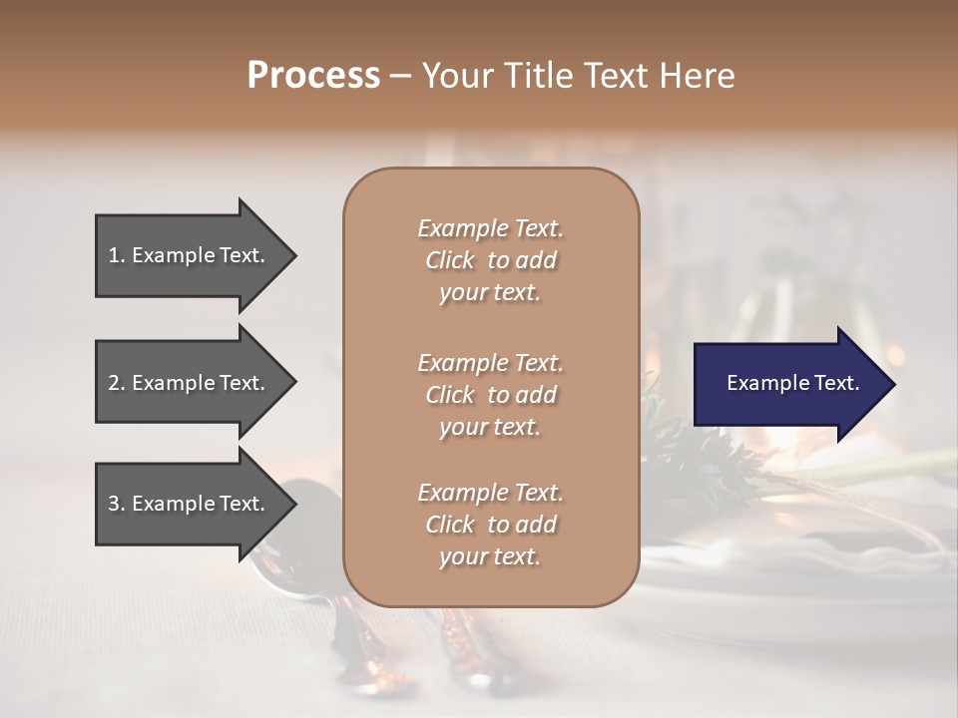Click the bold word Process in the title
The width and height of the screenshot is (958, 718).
point(313,76)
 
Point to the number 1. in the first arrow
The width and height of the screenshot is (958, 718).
point(117,255)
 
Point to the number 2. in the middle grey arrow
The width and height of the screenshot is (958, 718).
point(117,383)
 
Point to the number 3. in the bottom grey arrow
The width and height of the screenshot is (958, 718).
point(117,504)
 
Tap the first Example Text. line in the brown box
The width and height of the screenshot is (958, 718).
point(490,228)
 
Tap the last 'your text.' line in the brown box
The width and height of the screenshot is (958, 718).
point(490,557)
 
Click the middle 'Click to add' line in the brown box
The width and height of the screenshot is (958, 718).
point(490,395)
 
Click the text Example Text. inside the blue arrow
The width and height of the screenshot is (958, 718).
point(792,383)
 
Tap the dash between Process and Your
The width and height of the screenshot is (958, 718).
point(400,76)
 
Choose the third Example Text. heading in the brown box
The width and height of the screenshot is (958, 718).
point(490,493)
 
